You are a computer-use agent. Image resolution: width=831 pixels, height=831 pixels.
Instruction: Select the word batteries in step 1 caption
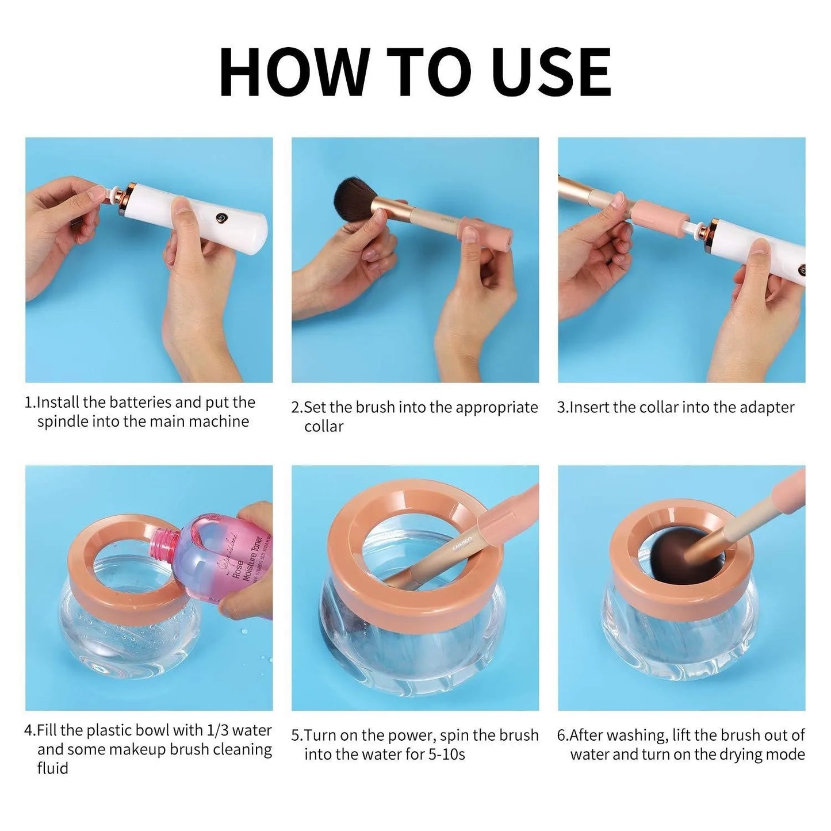pyautogui.click(x=140, y=402)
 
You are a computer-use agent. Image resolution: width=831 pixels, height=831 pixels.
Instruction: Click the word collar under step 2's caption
pyautogui.click(x=324, y=427)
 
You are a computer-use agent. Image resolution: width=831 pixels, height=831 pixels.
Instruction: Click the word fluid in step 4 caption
pyautogui.click(x=52, y=768)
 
